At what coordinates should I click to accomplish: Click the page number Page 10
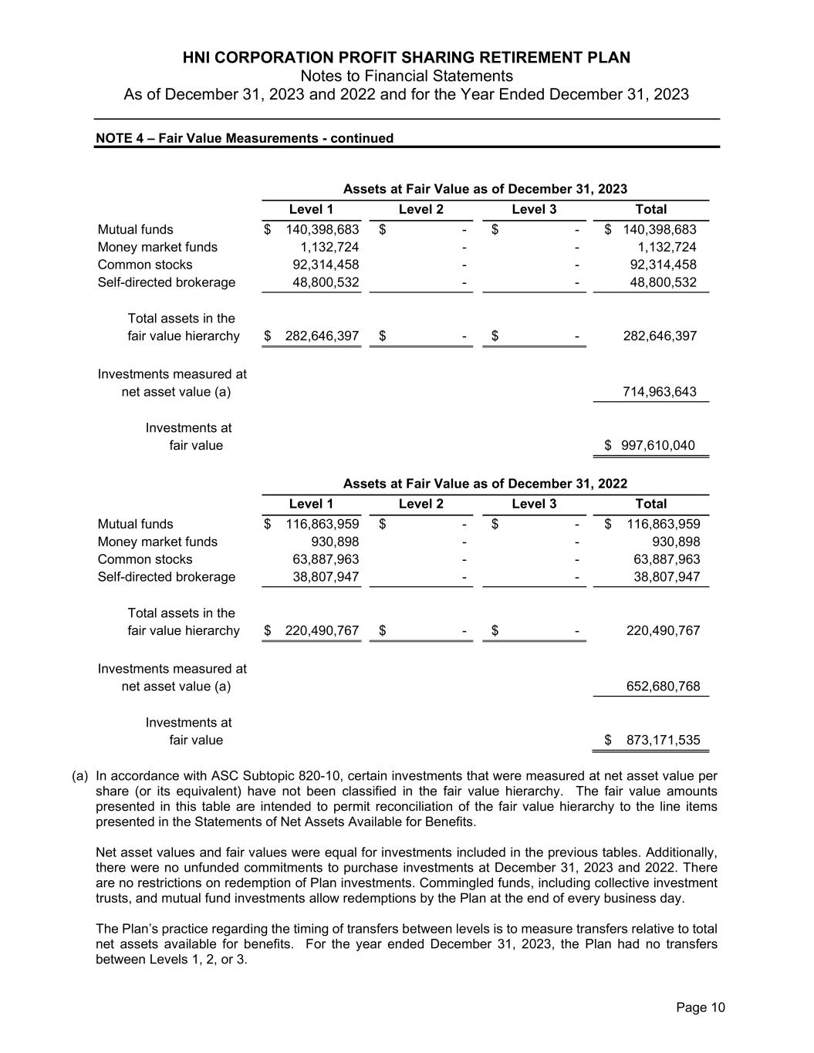point(701,1007)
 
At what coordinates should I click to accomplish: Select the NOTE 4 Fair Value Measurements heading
point(244,138)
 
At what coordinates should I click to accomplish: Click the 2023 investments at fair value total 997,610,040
point(657,445)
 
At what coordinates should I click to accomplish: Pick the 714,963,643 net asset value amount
point(659,392)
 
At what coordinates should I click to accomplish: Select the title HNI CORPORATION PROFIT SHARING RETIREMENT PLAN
point(407,58)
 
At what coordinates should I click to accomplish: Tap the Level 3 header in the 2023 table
point(534,209)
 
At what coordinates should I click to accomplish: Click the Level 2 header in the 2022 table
point(421,504)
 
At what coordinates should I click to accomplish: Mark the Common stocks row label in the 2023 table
point(145,265)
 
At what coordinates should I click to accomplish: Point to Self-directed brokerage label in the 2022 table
point(166,576)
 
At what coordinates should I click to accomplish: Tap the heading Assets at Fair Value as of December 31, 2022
point(485,484)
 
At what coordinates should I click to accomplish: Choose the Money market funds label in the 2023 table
point(157,247)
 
